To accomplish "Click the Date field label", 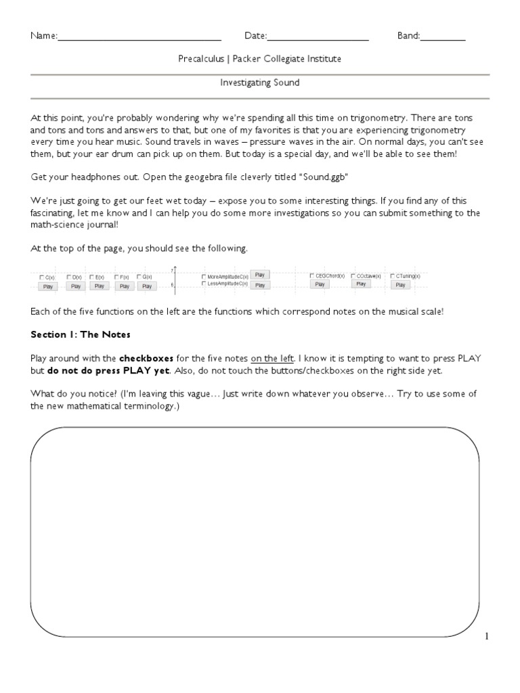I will [255, 36].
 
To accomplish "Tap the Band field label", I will [408, 36].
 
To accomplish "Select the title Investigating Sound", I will [260, 83].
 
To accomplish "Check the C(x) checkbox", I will [42, 277].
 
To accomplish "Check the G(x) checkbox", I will [139, 277].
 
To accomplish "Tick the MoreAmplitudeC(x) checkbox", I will [204, 277].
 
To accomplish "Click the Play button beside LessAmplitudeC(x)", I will [260, 286].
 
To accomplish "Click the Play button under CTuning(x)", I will [400, 285].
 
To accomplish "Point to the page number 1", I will [486, 636].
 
